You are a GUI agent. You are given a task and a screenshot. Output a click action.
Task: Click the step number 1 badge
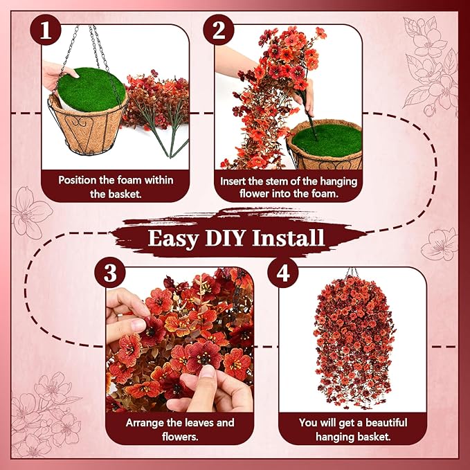click(46, 30)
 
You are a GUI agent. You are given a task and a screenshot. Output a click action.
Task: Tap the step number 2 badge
click(219, 30)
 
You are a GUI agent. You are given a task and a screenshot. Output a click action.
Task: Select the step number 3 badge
click(109, 273)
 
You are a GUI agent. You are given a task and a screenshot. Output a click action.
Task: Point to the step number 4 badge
click(283, 273)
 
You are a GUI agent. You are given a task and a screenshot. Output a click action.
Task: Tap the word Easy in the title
click(173, 239)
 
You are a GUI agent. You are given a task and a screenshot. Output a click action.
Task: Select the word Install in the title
click(288, 237)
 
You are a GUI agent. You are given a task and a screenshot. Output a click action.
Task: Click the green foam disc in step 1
click(91, 89)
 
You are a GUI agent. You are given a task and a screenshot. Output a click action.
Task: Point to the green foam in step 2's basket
click(327, 141)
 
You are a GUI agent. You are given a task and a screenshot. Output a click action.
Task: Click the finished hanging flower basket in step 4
click(354, 342)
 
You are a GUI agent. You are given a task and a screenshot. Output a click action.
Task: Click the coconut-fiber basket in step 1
click(88, 126)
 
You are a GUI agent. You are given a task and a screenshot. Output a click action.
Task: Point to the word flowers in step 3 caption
click(180, 436)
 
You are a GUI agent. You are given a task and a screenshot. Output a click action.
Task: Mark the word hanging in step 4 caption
click(334, 437)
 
